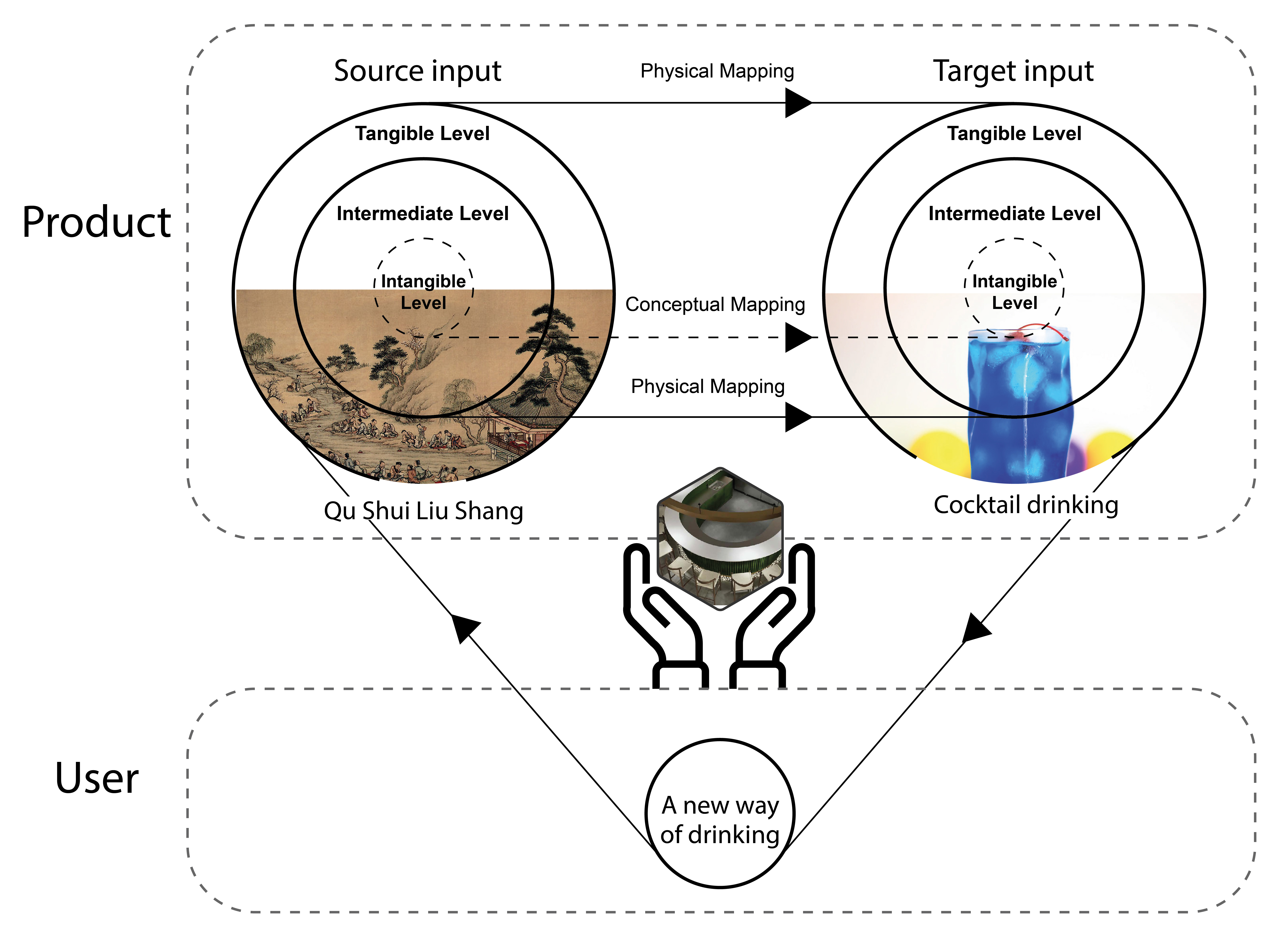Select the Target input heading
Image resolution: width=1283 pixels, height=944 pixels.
(1013, 71)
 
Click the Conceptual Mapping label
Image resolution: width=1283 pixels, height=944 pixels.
(715, 305)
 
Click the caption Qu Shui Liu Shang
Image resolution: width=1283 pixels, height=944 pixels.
(423, 510)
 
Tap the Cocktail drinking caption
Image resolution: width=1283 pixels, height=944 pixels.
(1025, 505)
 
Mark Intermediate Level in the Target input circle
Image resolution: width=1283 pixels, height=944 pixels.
(1014, 213)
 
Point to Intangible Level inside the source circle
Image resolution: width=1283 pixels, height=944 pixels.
(423, 291)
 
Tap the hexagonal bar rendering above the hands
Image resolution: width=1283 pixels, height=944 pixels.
(720, 537)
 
